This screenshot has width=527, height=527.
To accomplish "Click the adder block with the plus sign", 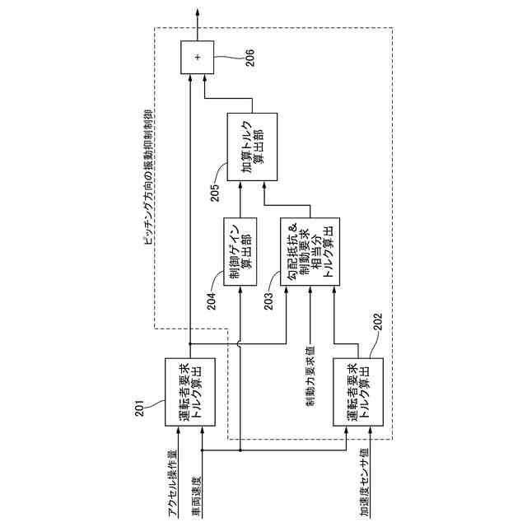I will point(197,56).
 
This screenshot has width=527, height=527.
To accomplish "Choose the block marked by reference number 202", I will point(358,391).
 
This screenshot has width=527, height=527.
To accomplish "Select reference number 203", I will point(269,302).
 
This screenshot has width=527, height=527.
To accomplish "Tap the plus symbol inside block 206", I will point(197,56).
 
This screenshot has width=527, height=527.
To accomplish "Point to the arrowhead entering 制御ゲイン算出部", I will point(240,290).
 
